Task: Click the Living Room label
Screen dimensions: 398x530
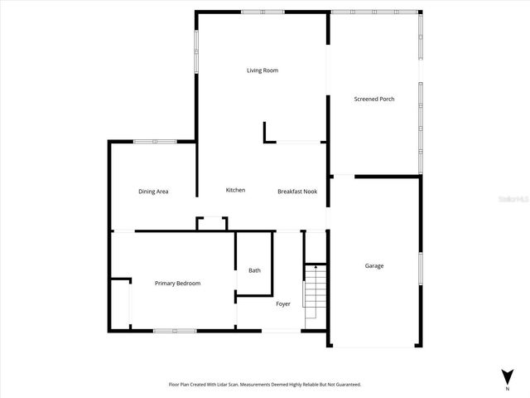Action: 262,70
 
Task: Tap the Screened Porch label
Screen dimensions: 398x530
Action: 373,99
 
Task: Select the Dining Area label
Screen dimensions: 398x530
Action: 153,192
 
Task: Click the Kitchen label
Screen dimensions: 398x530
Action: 235,190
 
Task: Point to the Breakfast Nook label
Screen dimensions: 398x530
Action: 296,192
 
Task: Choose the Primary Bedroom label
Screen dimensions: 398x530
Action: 177,284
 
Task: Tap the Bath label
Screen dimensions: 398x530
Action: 254,270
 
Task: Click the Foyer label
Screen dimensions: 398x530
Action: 282,303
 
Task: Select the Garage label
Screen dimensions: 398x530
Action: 374,265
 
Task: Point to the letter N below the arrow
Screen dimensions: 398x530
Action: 507,388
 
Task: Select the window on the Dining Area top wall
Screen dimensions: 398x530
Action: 154,142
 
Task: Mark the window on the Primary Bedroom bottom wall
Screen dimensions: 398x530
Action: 175,331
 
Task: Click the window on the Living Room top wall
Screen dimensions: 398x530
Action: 263,12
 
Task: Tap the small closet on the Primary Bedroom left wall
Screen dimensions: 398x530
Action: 121,303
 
